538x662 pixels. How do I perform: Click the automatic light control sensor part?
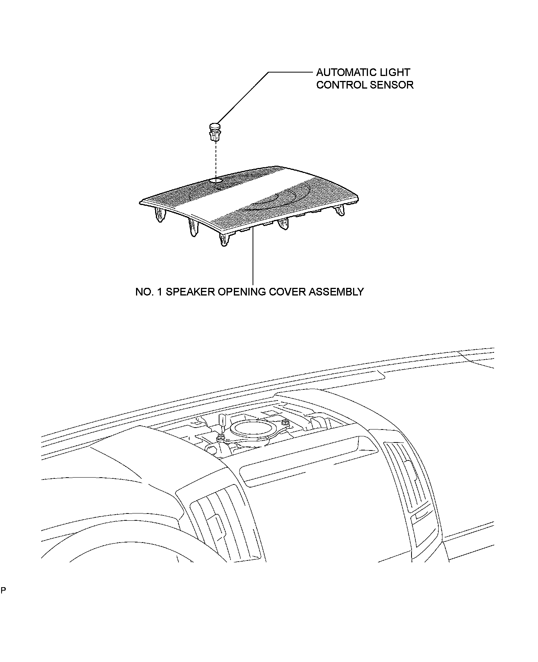tap(215, 132)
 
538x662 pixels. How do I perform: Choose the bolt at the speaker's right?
tap(286, 422)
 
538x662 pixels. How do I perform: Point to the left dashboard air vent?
tap(222, 519)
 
